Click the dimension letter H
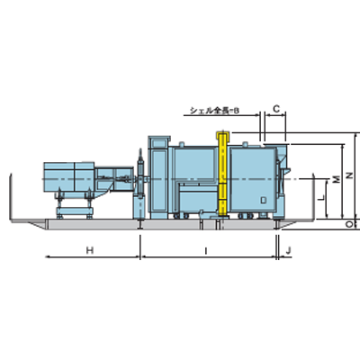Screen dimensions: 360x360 90,250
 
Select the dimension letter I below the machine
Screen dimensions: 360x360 206,251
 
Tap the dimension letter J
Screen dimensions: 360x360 288,250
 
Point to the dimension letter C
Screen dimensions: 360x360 276,109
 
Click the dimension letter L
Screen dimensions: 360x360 322,198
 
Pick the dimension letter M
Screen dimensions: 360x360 337,179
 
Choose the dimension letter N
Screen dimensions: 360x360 349,175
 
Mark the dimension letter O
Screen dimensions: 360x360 348,224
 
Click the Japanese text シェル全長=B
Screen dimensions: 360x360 215,111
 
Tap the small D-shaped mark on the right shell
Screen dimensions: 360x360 264,200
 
